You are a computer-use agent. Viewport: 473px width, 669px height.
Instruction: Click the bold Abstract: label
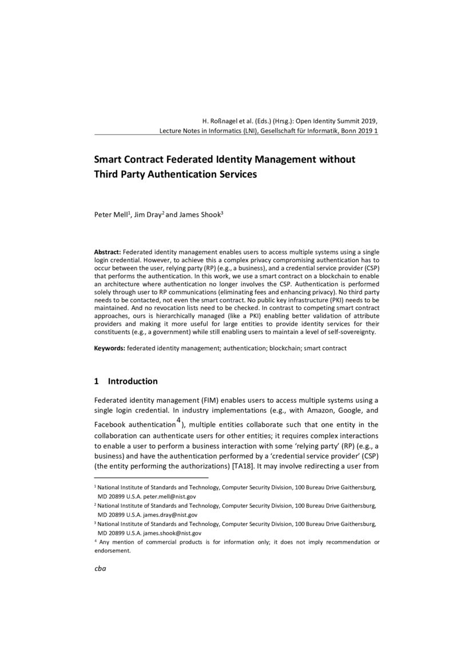(107, 252)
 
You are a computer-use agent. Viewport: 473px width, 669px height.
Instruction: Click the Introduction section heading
(133, 382)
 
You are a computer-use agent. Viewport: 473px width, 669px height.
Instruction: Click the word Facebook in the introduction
(110, 425)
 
